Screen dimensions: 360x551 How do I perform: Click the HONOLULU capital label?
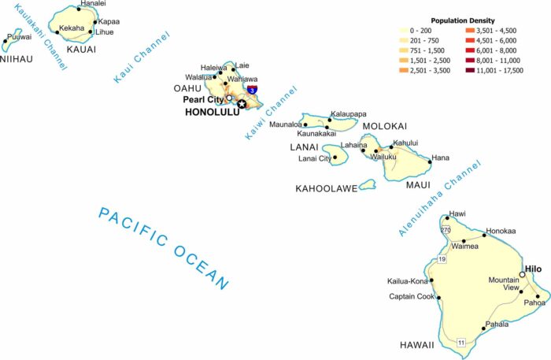click(x=210, y=112)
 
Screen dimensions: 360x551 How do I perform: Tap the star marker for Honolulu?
click(x=242, y=104)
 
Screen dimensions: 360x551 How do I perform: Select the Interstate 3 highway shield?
click(x=251, y=91)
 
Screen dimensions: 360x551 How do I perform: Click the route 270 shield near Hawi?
click(x=446, y=229)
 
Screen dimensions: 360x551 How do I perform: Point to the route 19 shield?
click(x=442, y=259)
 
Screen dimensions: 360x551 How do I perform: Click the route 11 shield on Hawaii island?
click(x=460, y=342)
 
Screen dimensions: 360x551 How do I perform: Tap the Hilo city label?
click(x=534, y=268)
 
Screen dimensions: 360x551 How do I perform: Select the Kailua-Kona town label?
click(x=407, y=281)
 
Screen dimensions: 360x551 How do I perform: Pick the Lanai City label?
click(x=315, y=158)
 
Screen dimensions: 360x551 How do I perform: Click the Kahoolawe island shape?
click(x=367, y=184)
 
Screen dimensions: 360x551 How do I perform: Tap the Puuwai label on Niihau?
click(x=20, y=36)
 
